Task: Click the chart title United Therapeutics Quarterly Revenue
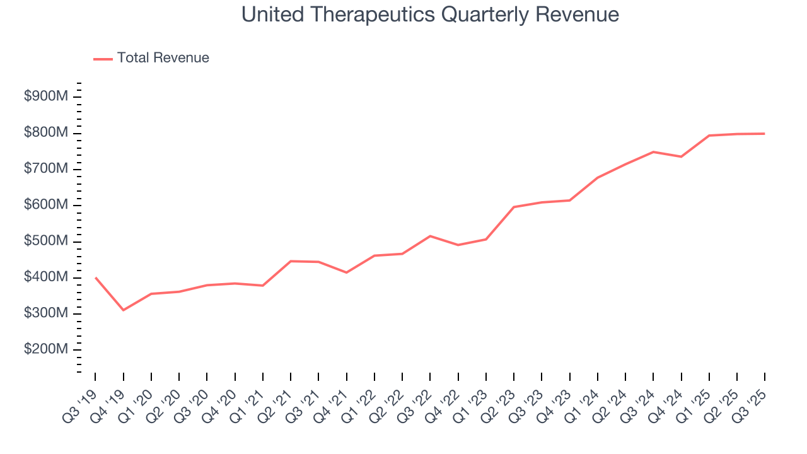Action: tap(430, 15)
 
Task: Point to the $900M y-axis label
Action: tap(45, 97)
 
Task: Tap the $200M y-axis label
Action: tap(45, 350)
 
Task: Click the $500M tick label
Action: tap(45, 242)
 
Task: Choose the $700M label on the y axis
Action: tap(45, 170)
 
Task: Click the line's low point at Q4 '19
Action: tap(123, 310)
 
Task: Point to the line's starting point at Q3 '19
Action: tap(95, 277)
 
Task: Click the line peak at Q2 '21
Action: tap(291, 261)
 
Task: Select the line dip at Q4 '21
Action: tap(346, 272)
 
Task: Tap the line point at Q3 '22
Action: tap(430, 236)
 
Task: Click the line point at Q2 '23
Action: tap(514, 207)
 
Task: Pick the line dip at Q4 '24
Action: tap(682, 156)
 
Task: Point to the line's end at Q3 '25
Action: tap(765, 134)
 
